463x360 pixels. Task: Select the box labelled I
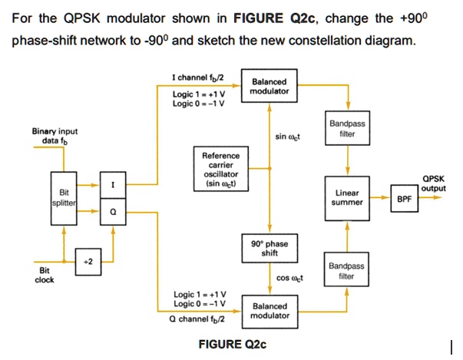pos(113,185)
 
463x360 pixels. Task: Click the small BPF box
pos(403,197)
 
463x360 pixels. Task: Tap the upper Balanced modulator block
pos(270,86)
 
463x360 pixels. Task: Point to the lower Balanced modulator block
pos(270,310)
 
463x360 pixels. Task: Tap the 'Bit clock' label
pos(45,276)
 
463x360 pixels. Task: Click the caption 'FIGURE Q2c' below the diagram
pos(232,343)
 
